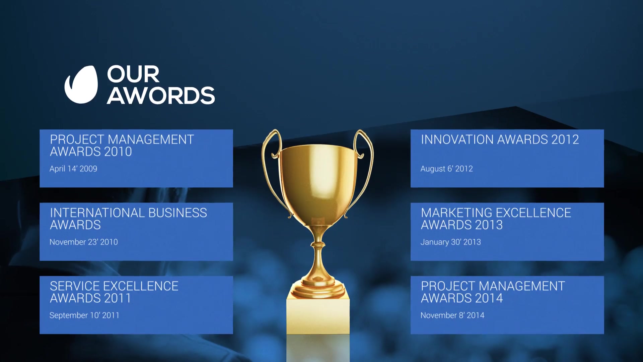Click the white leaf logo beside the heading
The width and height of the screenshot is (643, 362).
point(81,84)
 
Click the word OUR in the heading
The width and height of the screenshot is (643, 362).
point(133,74)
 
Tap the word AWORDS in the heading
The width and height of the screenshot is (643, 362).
point(161,96)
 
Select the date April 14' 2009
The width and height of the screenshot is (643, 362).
point(73,169)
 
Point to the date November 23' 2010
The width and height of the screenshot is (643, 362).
point(84,242)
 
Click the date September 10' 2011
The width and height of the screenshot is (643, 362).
point(84,315)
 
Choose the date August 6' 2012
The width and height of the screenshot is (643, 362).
point(447,169)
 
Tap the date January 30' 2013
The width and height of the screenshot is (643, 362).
point(451,242)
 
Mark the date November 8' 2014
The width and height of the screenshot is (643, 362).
point(452,315)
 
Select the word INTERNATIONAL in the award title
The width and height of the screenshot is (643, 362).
point(97,213)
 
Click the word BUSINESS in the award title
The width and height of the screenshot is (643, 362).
point(177,213)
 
